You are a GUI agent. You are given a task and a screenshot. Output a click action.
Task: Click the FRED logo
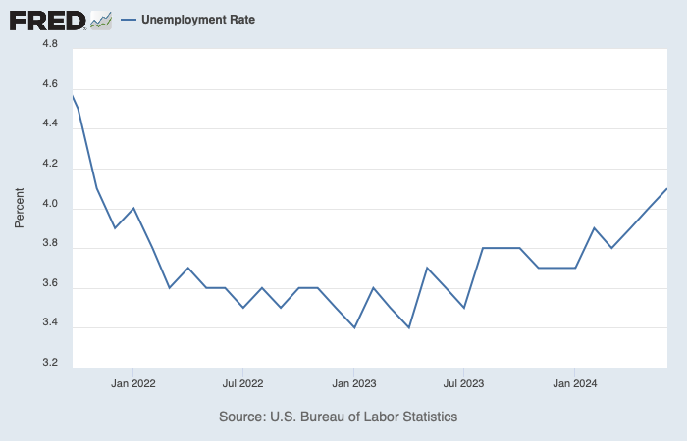(60, 19)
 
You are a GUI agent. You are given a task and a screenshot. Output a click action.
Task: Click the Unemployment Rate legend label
(198, 19)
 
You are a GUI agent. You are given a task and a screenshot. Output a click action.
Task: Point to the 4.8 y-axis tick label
(48, 44)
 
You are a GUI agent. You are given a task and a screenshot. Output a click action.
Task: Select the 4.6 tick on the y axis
(48, 85)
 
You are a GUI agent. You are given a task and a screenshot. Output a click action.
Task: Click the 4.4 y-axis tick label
(48, 124)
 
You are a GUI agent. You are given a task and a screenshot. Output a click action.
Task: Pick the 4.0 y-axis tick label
(48, 205)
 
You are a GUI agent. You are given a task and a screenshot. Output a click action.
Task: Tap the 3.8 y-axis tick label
(48, 244)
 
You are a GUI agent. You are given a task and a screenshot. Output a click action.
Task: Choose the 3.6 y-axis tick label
(48, 284)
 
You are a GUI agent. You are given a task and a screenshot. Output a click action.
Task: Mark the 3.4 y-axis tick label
(48, 323)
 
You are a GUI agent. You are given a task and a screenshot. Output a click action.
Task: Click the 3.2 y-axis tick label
(48, 364)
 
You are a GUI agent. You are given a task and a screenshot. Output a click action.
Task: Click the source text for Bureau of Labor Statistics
(339, 416)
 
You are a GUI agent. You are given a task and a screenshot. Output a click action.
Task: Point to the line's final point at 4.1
(666, 188)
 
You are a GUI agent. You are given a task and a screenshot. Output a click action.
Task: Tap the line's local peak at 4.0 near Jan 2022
(133, 208)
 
